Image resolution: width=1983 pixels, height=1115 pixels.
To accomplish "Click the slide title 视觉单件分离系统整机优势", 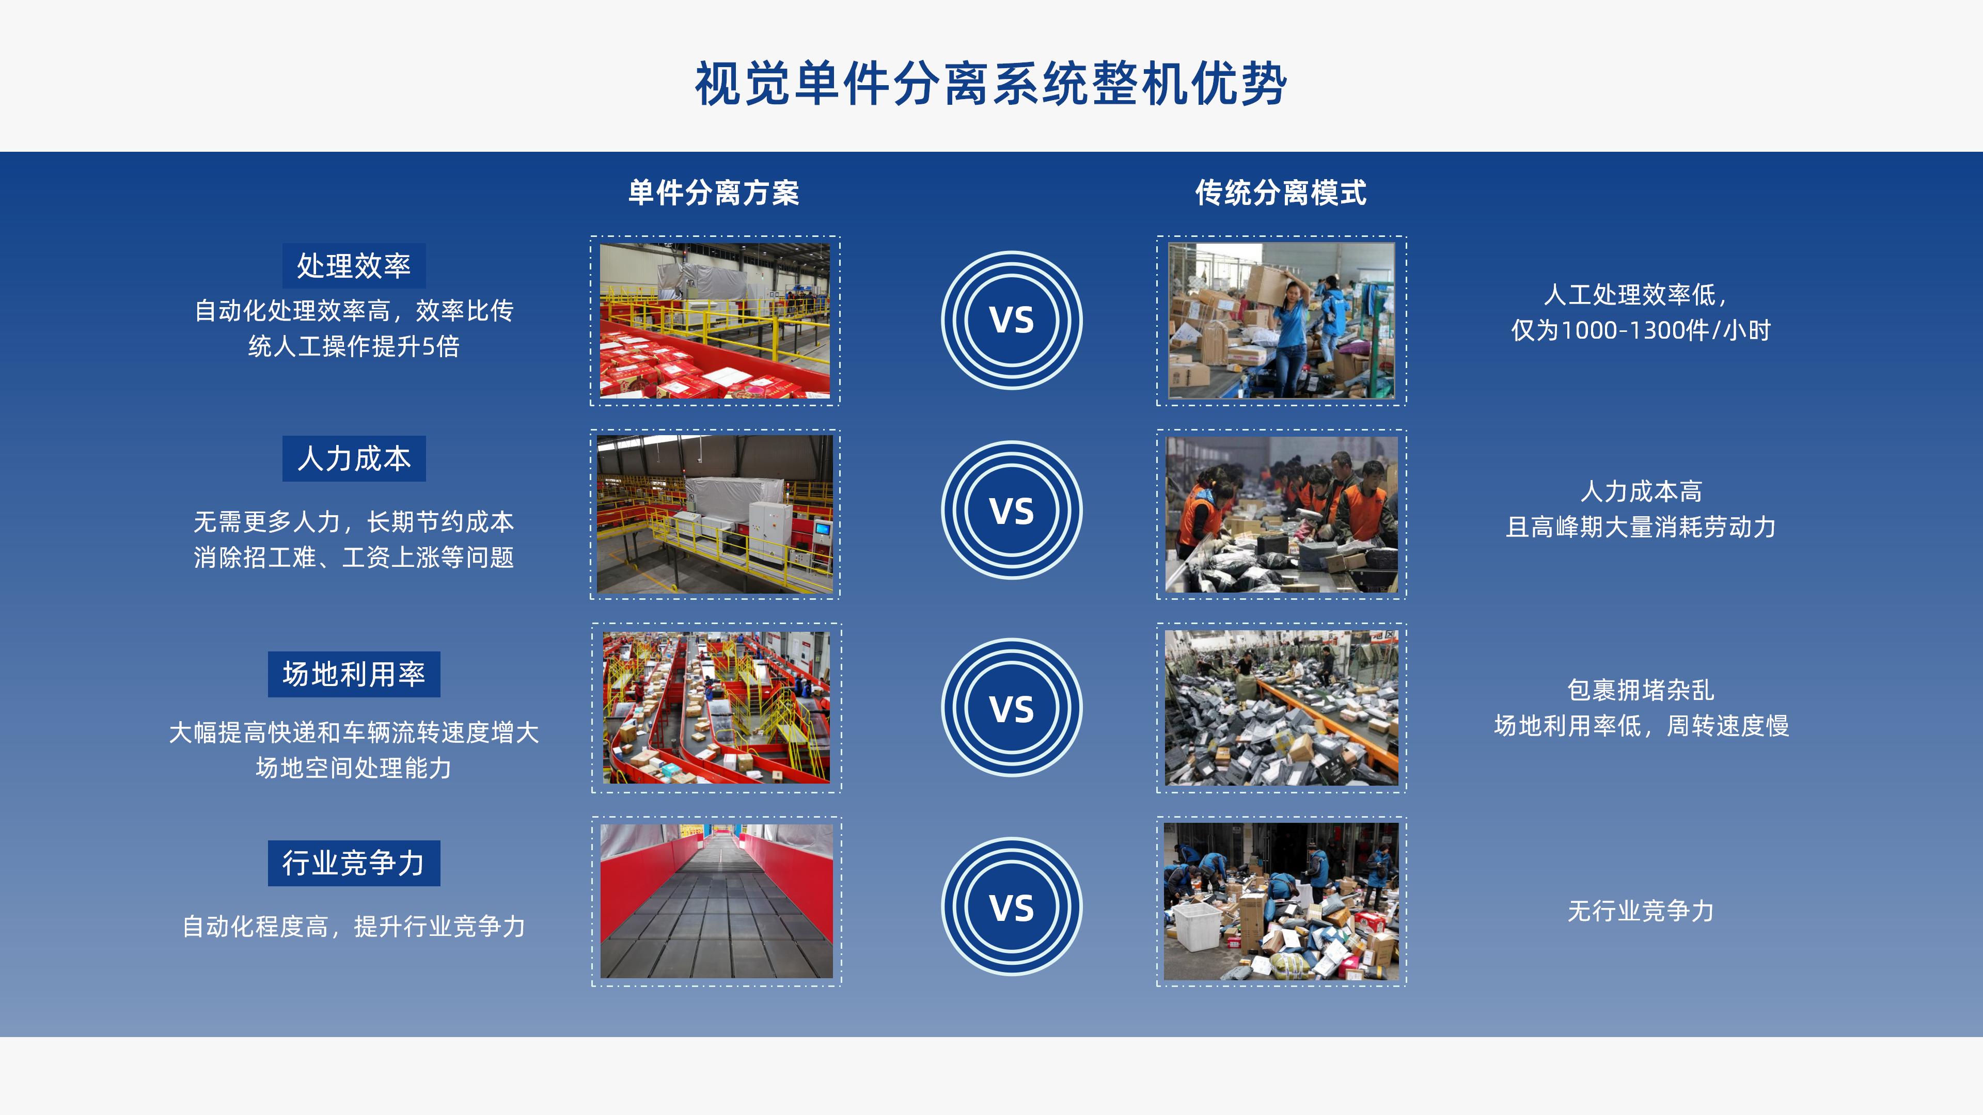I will pyautogui.click(x=991, y=83).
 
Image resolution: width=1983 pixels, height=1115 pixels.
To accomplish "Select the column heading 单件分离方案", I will pyautogui.click(x=714, y=193).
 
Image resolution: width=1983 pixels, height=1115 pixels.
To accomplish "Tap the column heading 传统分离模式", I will pyautogui.click(x=1280, y=193).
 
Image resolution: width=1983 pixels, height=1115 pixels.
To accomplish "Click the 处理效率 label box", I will pyautogui.click(x=353, y=265).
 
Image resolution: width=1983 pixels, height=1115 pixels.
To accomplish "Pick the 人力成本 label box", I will pyautogui.click(x=353, y=458).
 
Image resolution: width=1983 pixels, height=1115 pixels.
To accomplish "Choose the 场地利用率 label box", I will pyautogui.click(x=353, y=674).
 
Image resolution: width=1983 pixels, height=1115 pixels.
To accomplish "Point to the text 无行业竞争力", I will pyautogui.click(x=1641, y=911).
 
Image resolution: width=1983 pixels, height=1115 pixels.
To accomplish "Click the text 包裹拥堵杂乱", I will pyautogui.click(x=1641, y=690).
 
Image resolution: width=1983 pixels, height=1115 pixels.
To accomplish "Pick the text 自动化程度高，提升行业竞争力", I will pyautogui.click(x=353, y=927).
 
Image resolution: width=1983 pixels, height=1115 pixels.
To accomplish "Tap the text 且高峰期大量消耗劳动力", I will pyautogui.click(x=1641, y=527).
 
